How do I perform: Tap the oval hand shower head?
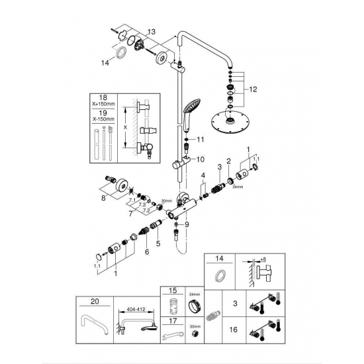(x=191, y=105)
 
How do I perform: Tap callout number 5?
(x=158, y=244)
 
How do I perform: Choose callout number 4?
(x=203, y=175)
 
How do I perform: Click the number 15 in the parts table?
(x=173, y=290)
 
